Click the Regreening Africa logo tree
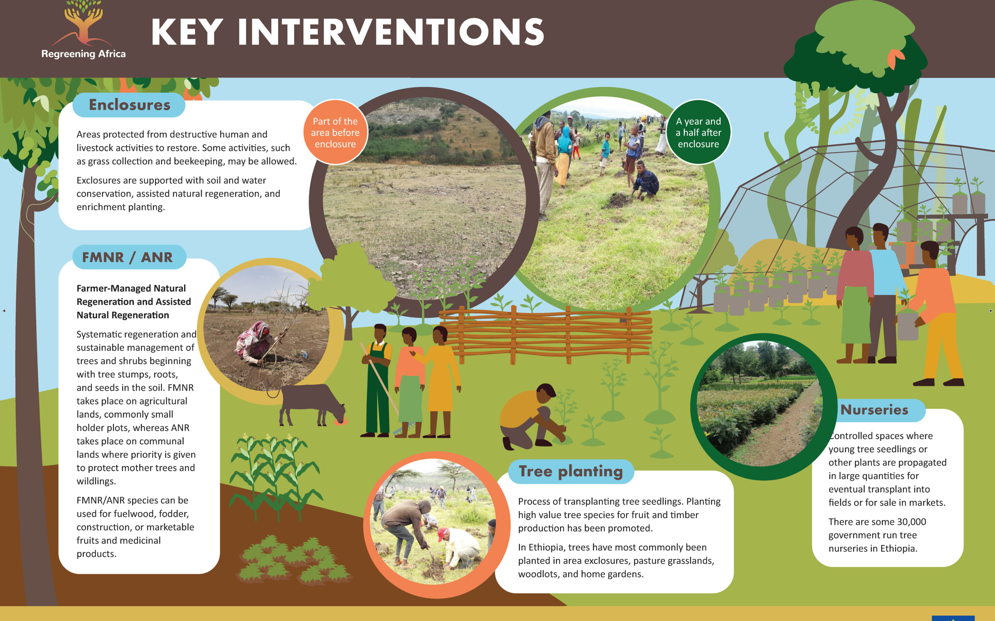(83, 22)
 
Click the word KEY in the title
(187, 32)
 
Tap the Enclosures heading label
(129, 105)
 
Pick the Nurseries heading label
(874, 410)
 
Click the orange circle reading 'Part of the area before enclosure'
(335, 132)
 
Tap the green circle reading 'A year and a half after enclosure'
(699, 132)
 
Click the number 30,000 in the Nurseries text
(911, 522)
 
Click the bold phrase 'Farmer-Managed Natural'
(131, 288)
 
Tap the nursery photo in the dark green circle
(760, 403)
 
